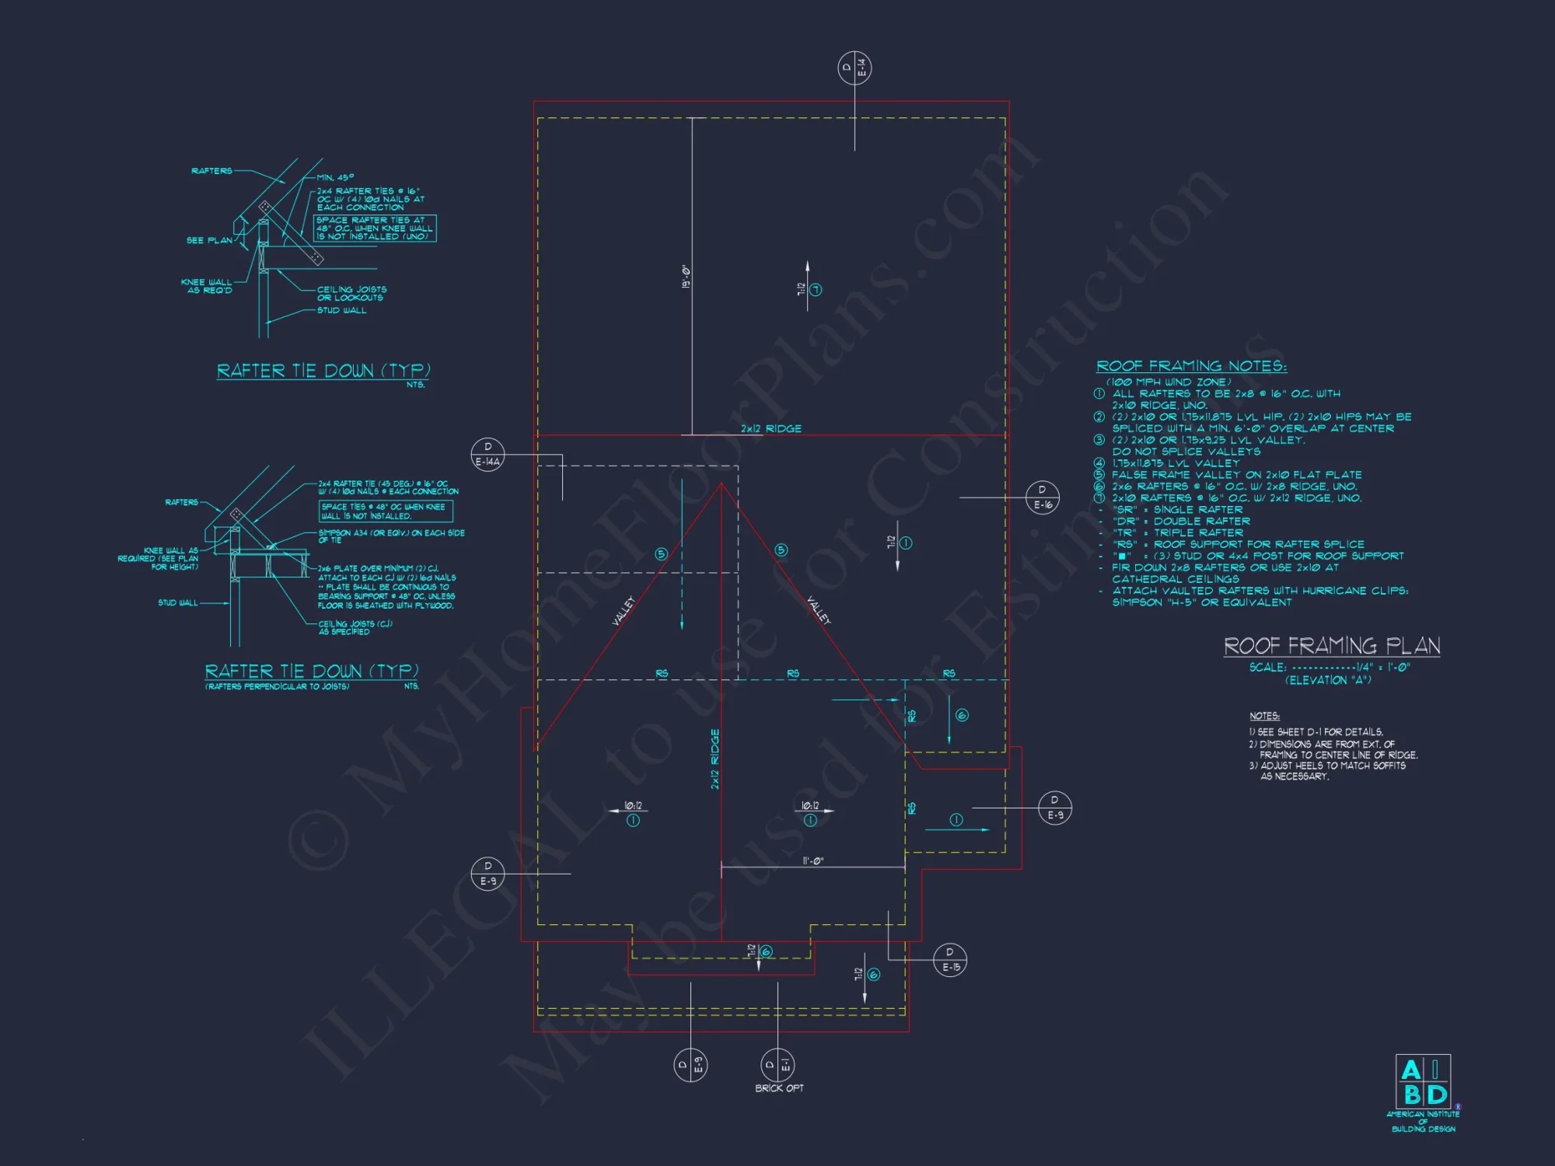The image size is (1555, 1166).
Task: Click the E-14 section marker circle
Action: [x=854, y=69]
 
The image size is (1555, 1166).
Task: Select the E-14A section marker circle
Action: [x=487, y=454]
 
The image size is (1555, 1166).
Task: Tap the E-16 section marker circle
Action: [x=1042, y=497]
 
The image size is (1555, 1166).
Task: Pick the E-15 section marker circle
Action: [x=950, y=961]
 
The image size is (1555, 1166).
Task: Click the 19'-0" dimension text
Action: [x=686, y=277]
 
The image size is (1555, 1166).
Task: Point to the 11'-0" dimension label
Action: [x=812, y=861]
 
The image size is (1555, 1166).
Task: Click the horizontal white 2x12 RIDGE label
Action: [x=771, y=428]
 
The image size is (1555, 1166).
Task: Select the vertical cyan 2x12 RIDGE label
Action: [x=715, y=759]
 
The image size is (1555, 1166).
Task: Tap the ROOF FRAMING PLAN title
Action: [x=1332, y=646]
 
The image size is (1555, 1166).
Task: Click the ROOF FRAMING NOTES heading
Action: [x=1191, y=366]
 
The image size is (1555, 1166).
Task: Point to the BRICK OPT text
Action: [x=779, y=1088]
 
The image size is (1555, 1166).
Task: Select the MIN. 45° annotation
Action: [x=335, y=177]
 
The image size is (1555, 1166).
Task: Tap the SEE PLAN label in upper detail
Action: [x=209, y=240]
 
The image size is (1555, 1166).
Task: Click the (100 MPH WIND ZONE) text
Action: [x=1169, y=382]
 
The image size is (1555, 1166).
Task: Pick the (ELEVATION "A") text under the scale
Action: [x=1328, y=680]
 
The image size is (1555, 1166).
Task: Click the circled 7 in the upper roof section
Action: [x=816, y=290]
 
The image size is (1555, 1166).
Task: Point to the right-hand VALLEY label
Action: [x=819, y=610]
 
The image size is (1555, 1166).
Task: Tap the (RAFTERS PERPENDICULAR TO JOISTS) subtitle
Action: [x=278, y=686]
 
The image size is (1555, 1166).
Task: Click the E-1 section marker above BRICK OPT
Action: [x=777, y=1065]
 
